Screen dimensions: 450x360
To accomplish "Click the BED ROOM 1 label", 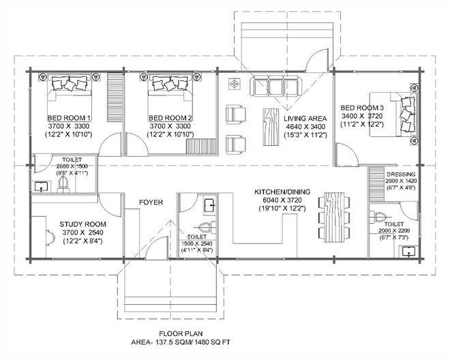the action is point(69,118).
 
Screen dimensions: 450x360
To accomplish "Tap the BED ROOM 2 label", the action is point(170,118).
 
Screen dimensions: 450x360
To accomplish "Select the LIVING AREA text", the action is point(305,118).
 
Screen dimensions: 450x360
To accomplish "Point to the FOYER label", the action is point(151,202).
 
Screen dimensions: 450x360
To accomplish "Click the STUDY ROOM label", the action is point(82,224).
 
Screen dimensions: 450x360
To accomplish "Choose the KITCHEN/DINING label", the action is point(282,192).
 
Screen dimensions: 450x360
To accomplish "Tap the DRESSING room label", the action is point(401,175).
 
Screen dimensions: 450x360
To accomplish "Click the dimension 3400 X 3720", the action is point(362,116).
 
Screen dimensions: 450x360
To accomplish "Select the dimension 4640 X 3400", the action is point(305,127).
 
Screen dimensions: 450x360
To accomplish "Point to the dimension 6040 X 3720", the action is point(282,200).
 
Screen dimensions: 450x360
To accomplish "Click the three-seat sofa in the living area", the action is point(276,87).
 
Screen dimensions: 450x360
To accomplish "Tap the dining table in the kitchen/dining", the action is point(334,217).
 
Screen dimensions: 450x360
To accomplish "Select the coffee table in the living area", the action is point(271,127).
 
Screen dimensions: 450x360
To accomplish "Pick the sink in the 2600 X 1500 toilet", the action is point(42,187).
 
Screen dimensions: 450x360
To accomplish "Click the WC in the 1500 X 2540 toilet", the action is point(204,227).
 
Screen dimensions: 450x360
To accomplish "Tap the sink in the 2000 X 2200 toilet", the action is point(408,252).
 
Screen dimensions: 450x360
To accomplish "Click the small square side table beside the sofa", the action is point(235,84).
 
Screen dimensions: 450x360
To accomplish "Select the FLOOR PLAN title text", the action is point(181,333).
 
